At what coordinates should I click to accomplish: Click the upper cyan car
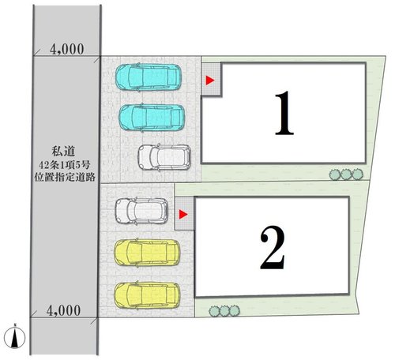[149, 77]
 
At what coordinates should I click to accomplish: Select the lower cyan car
[152, 118]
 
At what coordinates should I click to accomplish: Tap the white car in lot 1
[164, 157]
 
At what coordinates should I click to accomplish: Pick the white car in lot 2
[141, 211]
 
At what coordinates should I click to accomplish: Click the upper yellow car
[147, 253]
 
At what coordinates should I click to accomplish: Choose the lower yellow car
[147, 295]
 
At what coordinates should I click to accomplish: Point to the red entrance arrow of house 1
[210, 81]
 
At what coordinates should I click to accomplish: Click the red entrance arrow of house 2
[183, 215]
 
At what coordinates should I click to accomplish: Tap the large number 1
[284, 113]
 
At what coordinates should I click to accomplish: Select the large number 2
[273, 247]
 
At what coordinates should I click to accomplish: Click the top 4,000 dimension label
[67, 49]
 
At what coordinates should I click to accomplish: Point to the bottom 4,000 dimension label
[63, 310]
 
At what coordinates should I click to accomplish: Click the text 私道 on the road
[63, 151]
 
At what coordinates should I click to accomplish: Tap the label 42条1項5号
[65, 165]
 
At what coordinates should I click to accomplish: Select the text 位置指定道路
[65, 177]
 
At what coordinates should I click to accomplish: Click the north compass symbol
[15, 337]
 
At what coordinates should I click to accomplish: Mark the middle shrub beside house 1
[346, 174]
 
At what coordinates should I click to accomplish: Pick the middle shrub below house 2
[224, 311]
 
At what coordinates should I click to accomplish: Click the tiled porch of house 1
[212, 79]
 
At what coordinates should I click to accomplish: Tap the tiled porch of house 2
[185, 213]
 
